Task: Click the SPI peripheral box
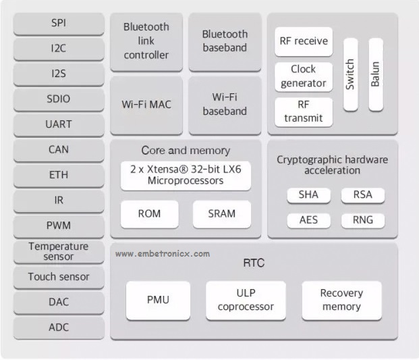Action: coord(59,24)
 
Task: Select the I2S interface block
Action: coord(59,74)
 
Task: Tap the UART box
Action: coord(59,125)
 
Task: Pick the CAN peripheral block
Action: coord(59,150)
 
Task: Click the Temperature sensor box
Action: coord(59,251)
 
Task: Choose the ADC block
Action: coord(59,328)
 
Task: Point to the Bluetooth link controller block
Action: coord(146,42)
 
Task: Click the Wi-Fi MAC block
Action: coord(146,105)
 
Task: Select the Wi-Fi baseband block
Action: coord(225,105)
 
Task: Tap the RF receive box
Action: coord(304,41)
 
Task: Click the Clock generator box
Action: coord(304,77)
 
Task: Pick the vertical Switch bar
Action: coord(350,74)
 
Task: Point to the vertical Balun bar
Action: coord(376,74)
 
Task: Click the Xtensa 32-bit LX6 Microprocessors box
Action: coord(186,176)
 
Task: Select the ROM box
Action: coord(149,214)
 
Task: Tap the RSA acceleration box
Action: coord(363,195)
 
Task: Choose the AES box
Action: coord(308,220)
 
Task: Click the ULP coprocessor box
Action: coord(246,300)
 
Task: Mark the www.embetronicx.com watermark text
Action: coord(163,254)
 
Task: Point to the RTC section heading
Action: coord(254,263)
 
